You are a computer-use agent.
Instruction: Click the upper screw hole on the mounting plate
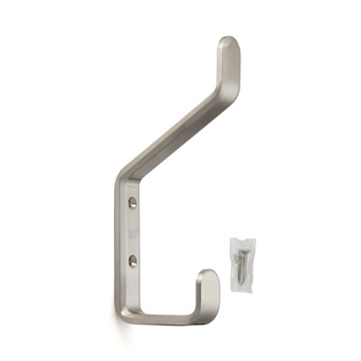click(132, 202)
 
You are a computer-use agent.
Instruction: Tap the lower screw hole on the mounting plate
click(132, 261)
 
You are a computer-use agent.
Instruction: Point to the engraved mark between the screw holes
click(131, 231)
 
